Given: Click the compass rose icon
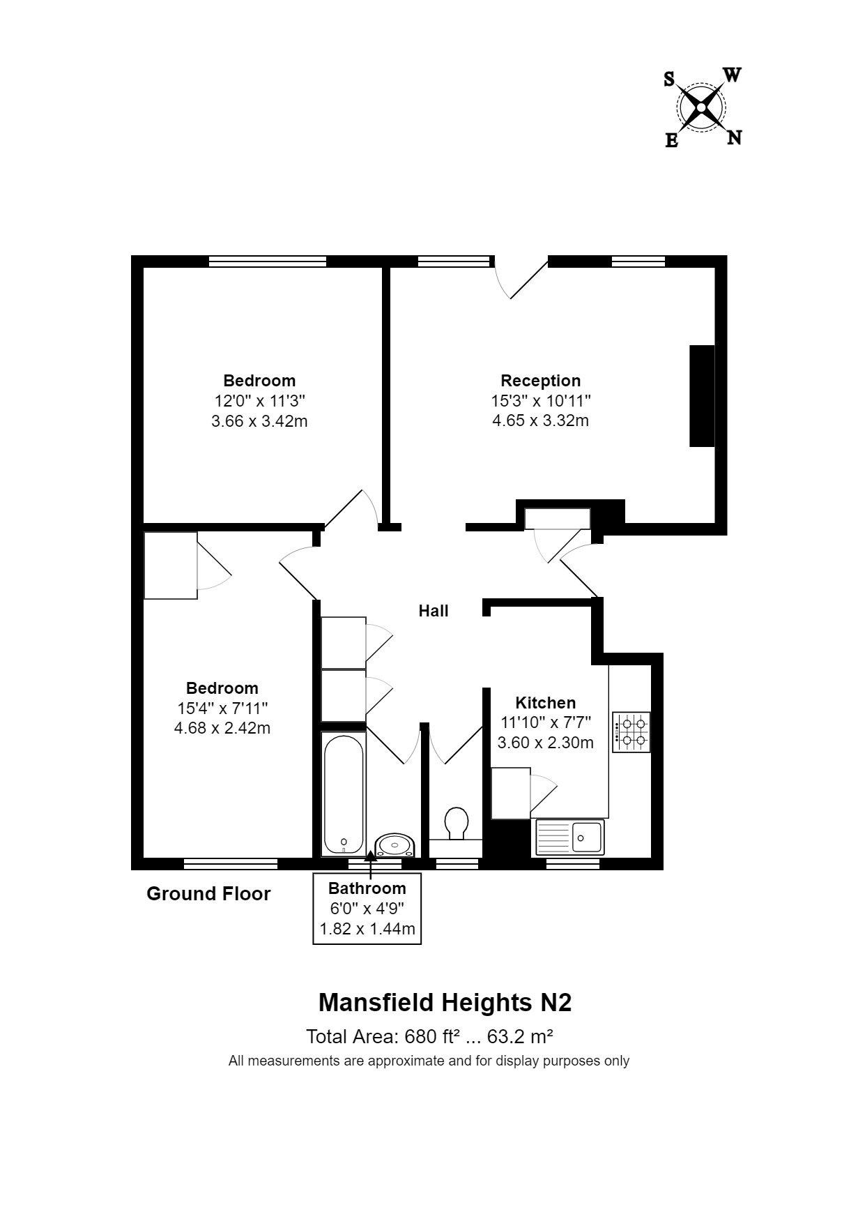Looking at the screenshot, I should coord(701,107).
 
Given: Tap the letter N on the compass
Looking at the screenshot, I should coord(734,138).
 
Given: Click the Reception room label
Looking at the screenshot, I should coord(540,381).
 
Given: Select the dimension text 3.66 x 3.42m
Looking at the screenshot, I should coord(259,421).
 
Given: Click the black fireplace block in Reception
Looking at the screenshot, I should coord(702,395).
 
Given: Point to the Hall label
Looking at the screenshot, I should coord(433,611).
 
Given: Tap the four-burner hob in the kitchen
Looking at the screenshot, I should coord(631,732).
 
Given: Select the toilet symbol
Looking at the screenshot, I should coord(457,824).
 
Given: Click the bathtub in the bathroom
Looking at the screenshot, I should coord(343,794).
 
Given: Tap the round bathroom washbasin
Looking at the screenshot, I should coord(395,846).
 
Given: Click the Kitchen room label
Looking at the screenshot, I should coord(545,703).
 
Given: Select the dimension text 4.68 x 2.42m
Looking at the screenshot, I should coord(222,728).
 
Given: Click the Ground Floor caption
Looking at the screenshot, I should coord(208,894).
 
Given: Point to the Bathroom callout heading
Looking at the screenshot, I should coord(367,888).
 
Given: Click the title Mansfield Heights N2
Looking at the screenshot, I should coord(445,1003).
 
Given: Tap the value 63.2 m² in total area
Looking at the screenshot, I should coord(520,1037).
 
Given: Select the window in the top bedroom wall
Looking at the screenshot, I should coord(268,262).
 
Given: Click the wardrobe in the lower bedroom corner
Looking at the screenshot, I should coord(170,566).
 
